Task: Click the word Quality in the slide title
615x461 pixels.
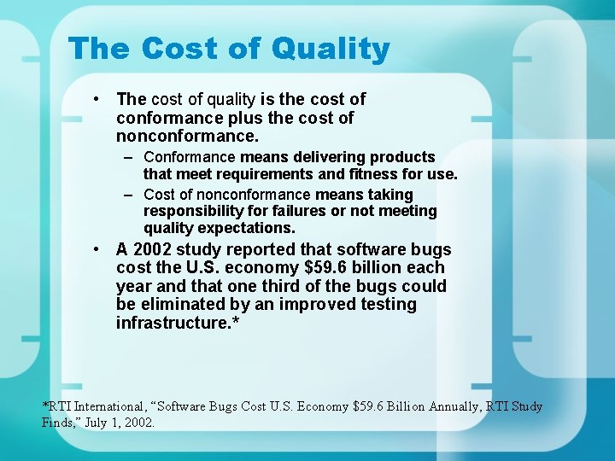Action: [x=331, y=50]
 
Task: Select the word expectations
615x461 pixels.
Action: [x=246, y=229]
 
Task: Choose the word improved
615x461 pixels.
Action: [x=295, y=305]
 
